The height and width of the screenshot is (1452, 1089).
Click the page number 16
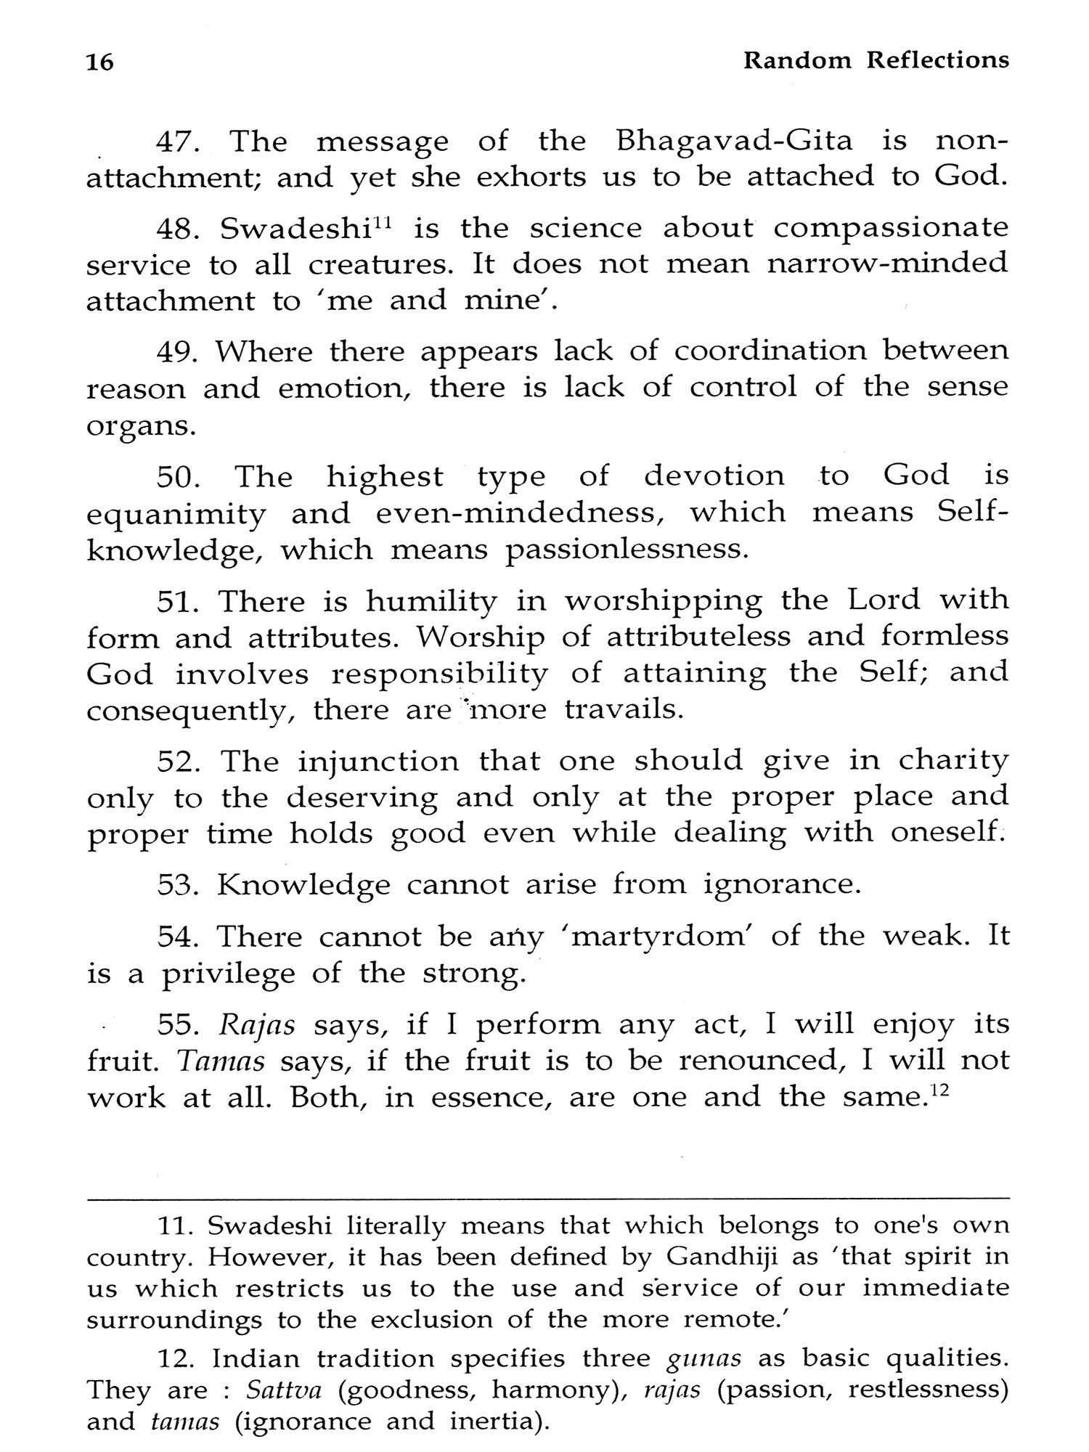click(x=99, y=63)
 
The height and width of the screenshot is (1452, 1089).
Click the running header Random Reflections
click(x=876, y=60)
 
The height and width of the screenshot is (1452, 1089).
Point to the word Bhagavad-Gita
click(x=734, y=142)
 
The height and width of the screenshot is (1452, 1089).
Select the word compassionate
click(x=891, y=229)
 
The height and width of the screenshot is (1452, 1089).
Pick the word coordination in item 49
click(x=770, y=351)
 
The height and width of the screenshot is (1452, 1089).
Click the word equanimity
click(x=176, y=514)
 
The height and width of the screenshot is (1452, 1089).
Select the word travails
click(x=624, y=710)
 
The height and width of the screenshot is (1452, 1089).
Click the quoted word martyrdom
click(x=663, y=937)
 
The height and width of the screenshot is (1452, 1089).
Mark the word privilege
click(x=227, y=974)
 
